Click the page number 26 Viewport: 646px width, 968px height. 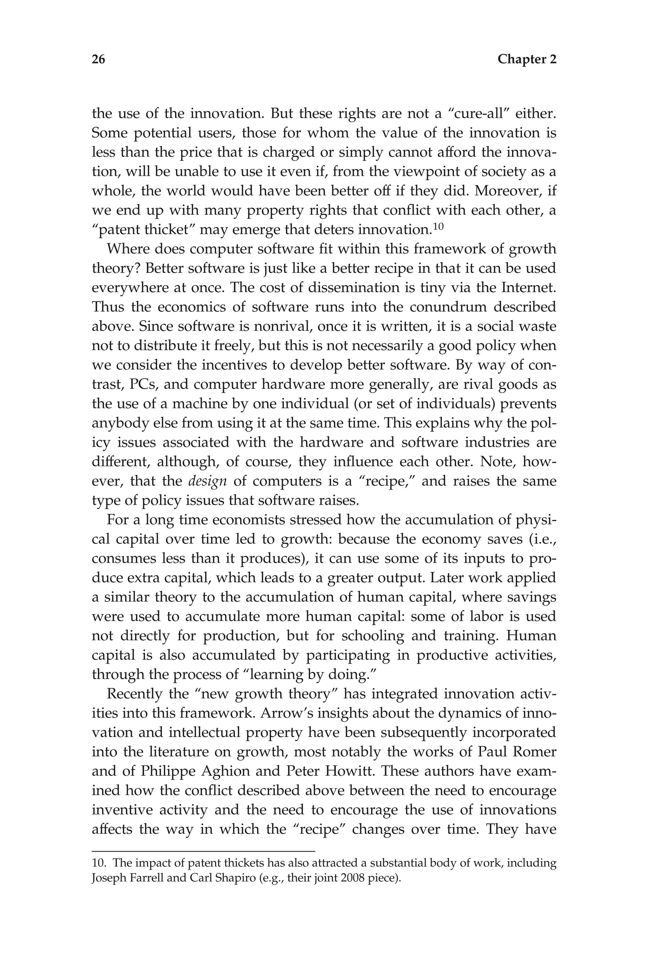pyautogui.click(x=98, y=60)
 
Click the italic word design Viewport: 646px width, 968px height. pyautogui.click(x=207, y=481)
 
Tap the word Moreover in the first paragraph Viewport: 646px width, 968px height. pyautogui.click(x=510, y=191)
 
